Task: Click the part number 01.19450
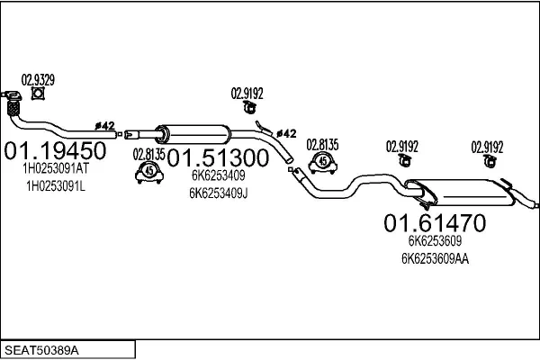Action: (56, 149)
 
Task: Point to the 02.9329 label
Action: (38, 79)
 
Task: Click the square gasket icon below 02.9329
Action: (38, 93)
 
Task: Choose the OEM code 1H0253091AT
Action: (55, 167)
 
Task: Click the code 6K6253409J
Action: (219, 192)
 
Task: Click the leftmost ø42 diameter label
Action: (104, 126)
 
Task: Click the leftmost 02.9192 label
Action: (247, 91)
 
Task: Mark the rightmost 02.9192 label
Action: (488, 147)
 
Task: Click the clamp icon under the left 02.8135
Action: (148, 172)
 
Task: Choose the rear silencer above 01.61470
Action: (459, 190)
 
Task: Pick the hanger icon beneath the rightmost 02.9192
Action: (489, 161)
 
